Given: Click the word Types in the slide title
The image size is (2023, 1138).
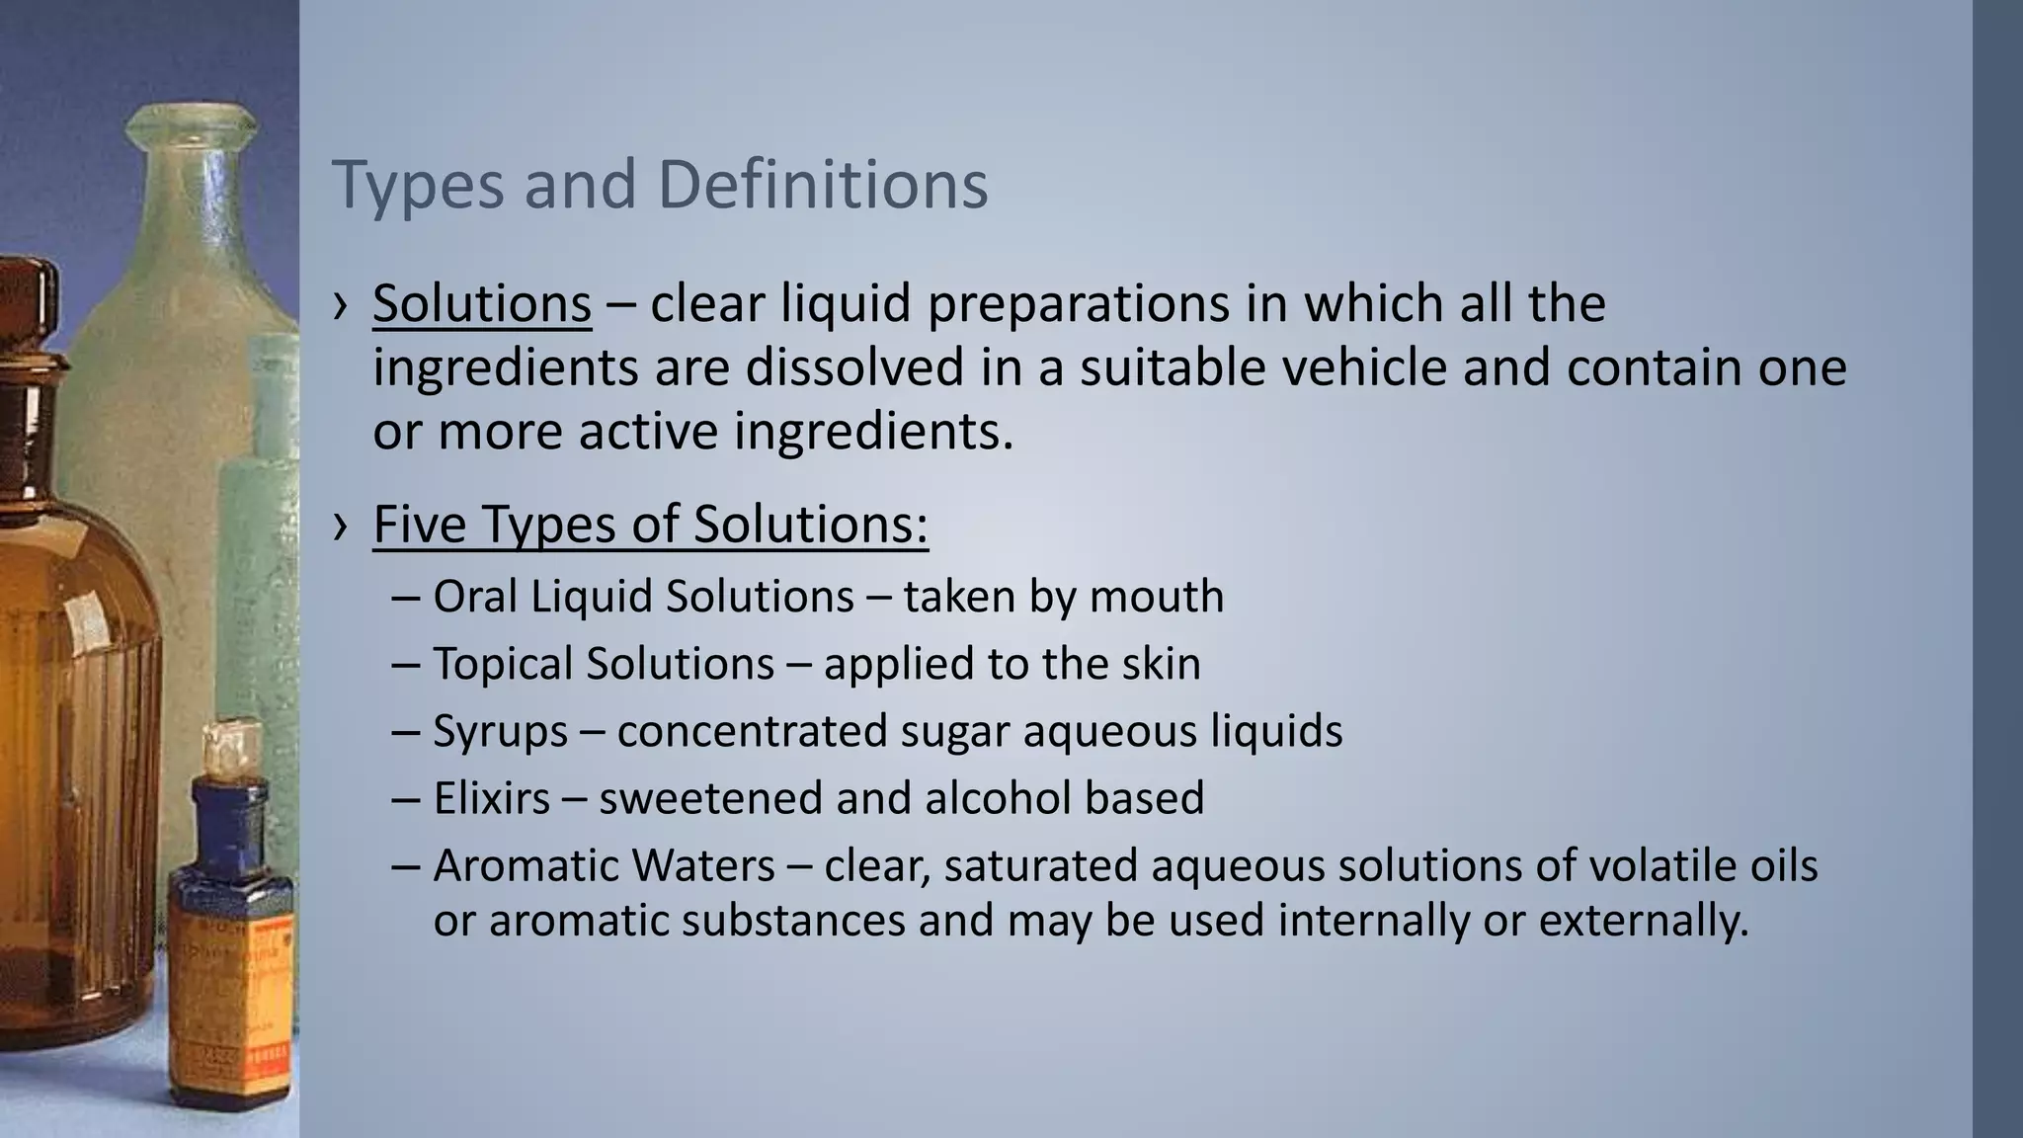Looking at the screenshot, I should click(418, 186).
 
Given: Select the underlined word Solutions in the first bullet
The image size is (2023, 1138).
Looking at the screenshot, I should click(482, 303).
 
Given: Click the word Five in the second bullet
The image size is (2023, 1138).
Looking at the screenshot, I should click(419, 524).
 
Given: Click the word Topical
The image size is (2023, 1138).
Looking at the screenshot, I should click(504, 664).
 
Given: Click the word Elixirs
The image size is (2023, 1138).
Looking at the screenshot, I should click(491, 798).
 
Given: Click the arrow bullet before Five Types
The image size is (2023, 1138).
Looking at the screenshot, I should click(341, 527).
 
